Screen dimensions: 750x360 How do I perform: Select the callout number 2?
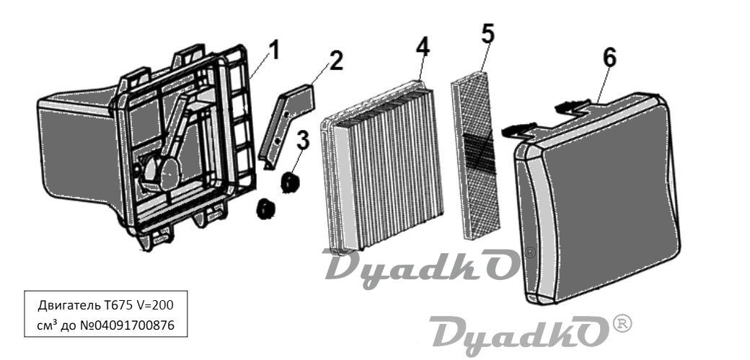point(335,61)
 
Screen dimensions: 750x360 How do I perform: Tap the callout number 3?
point(302,141)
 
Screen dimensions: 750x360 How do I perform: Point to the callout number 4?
point(423,46)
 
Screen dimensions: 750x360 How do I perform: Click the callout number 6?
point(609,58)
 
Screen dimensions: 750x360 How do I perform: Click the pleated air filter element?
point(382,166)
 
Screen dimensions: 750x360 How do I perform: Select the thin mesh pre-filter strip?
point(475,156)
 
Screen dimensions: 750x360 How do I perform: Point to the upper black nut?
point(289,182)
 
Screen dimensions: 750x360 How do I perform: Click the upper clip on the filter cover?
point(573,105)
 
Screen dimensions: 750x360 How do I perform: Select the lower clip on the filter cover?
point(519,128)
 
